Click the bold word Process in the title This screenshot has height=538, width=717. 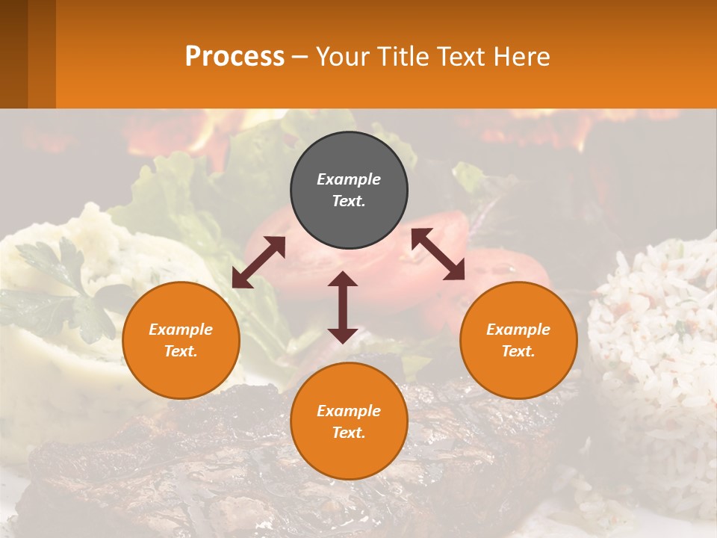[235, 57]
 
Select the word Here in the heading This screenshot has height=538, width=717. [522, 57]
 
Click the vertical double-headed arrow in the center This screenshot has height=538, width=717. [343, 307]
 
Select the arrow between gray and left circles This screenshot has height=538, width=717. [258, 262]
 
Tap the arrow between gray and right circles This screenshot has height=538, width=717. [438, 254]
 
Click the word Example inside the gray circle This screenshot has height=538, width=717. [349, 179]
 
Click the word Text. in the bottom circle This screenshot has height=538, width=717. [349, 433]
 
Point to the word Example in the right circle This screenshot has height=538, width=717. [518, 330]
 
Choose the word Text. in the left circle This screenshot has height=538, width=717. [181, 351]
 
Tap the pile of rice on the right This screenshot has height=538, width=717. [657, 336]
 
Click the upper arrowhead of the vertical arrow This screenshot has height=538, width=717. [343, 279]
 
